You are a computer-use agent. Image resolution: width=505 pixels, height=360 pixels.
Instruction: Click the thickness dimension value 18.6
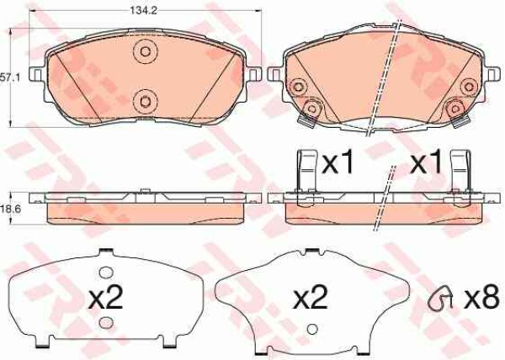11,209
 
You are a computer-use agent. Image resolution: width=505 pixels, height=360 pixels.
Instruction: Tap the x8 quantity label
481,299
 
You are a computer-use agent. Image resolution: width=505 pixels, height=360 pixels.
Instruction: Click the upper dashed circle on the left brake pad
146,52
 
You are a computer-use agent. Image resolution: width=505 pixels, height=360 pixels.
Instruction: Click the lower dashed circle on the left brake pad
146,101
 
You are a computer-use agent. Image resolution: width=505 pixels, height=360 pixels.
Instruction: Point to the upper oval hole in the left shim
106,273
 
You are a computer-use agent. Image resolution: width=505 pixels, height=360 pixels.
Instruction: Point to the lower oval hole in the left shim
106,323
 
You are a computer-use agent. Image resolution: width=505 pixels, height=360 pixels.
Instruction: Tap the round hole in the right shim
311,329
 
